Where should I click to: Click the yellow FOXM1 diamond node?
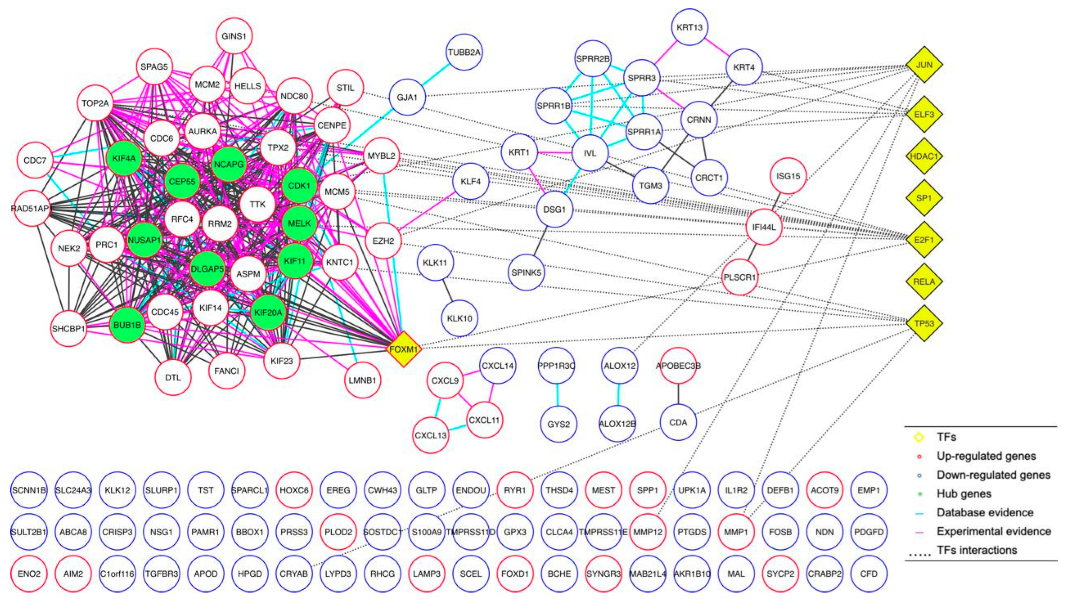(x=404, y=349)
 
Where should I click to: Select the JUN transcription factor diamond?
(x=924, y=65)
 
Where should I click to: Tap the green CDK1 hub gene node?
(x=299, y=186)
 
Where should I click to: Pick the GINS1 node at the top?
(x=234, y=36)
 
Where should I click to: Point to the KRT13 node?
(x=690, y=27)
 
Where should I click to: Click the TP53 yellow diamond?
(x=924, y=323)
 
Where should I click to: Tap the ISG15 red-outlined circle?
(x=788, y=176)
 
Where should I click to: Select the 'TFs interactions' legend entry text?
(x=977, y=550)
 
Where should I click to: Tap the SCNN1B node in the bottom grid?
(x=29, y=490)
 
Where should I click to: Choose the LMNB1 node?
(x=363, y=380)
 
